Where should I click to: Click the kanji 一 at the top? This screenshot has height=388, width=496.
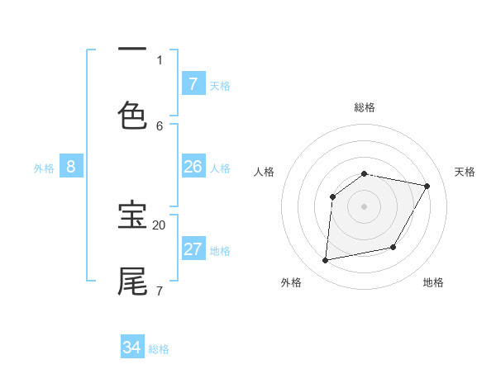133,50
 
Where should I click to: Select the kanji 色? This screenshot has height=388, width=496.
133,116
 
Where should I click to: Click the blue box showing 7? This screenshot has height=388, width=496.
193,83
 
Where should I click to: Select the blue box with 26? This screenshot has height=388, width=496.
193,167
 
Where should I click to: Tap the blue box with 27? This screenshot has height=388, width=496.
193,249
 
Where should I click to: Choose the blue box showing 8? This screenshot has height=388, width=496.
71,167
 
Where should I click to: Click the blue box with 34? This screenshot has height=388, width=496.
131,348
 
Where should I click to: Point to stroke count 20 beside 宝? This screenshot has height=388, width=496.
159,225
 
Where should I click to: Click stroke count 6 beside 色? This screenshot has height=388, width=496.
160,125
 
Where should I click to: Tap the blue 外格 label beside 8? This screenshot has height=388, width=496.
44,168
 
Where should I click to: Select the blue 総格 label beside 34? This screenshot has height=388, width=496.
159,349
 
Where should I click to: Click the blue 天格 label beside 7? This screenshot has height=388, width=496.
219,85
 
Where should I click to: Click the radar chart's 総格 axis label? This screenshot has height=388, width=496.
365,107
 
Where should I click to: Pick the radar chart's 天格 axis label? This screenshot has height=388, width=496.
465,172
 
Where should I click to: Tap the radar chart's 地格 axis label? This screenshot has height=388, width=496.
433,282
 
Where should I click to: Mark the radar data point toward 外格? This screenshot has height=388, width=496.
326,261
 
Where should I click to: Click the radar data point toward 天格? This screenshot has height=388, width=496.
427,187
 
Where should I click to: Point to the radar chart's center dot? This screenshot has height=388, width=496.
365,206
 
